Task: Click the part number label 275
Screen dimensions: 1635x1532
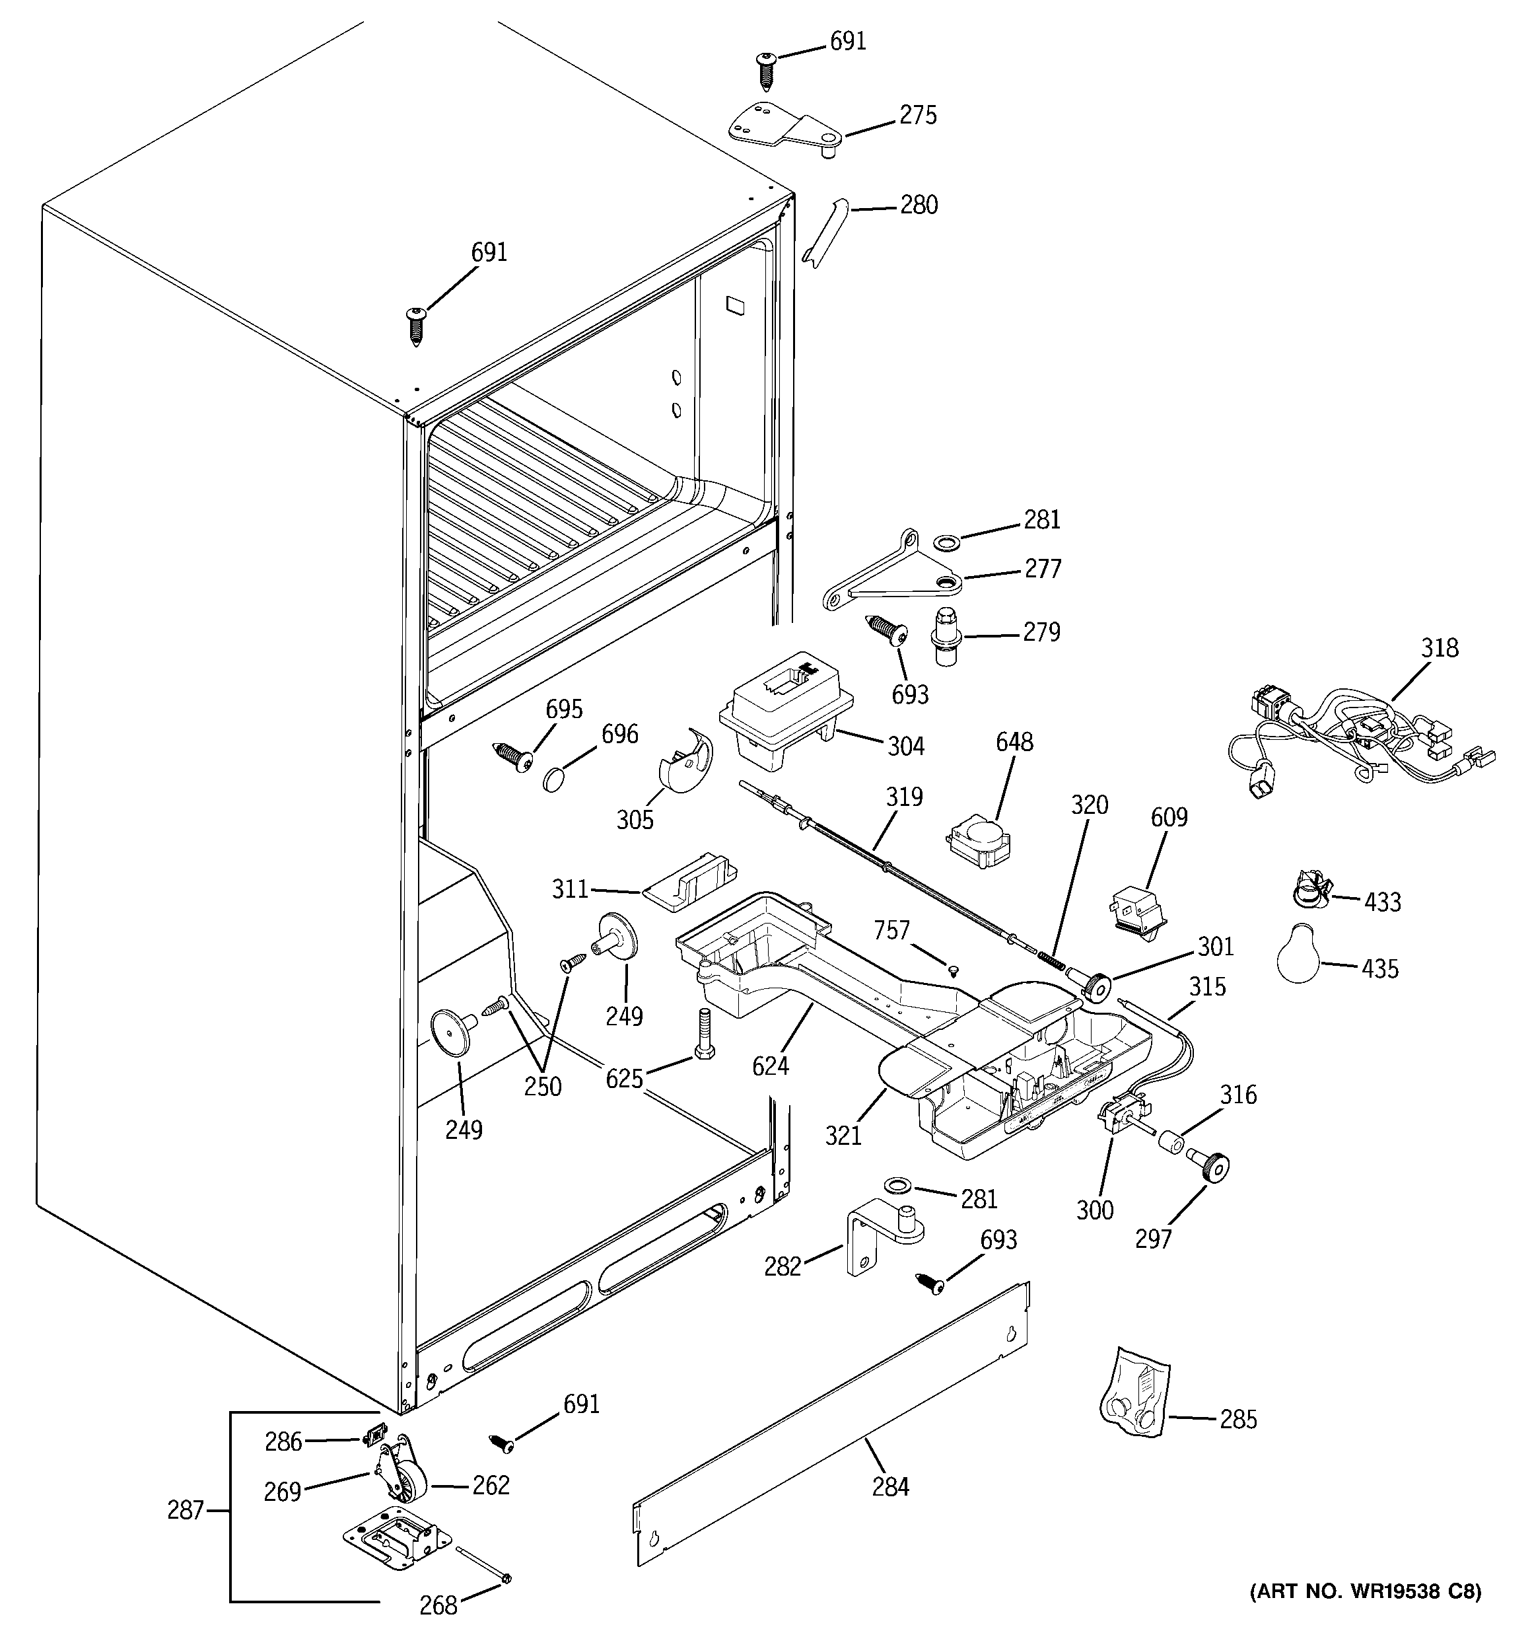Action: (x=918, y=115)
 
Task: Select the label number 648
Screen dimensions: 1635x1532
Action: (x=1014, y=742)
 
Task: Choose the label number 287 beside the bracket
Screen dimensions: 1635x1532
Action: (x=185, y=1510)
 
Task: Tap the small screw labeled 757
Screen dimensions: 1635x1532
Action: (x=953, y=970)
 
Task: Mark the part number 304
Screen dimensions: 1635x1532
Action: (x=905, y=746)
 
